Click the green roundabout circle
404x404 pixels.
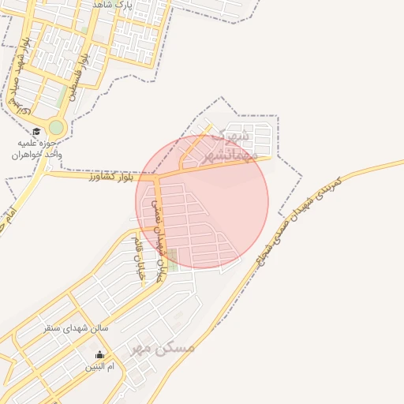(x=56, y=127)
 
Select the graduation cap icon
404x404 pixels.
(x=36, y=132)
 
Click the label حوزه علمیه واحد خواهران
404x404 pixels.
(x=36, y=149)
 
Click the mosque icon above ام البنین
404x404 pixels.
(x=99, y=354)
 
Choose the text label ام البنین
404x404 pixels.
(x=100, y=367)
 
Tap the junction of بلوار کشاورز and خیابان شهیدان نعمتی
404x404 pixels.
(x=156, y=175)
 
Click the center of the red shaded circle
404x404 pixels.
(x=202, y=201)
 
